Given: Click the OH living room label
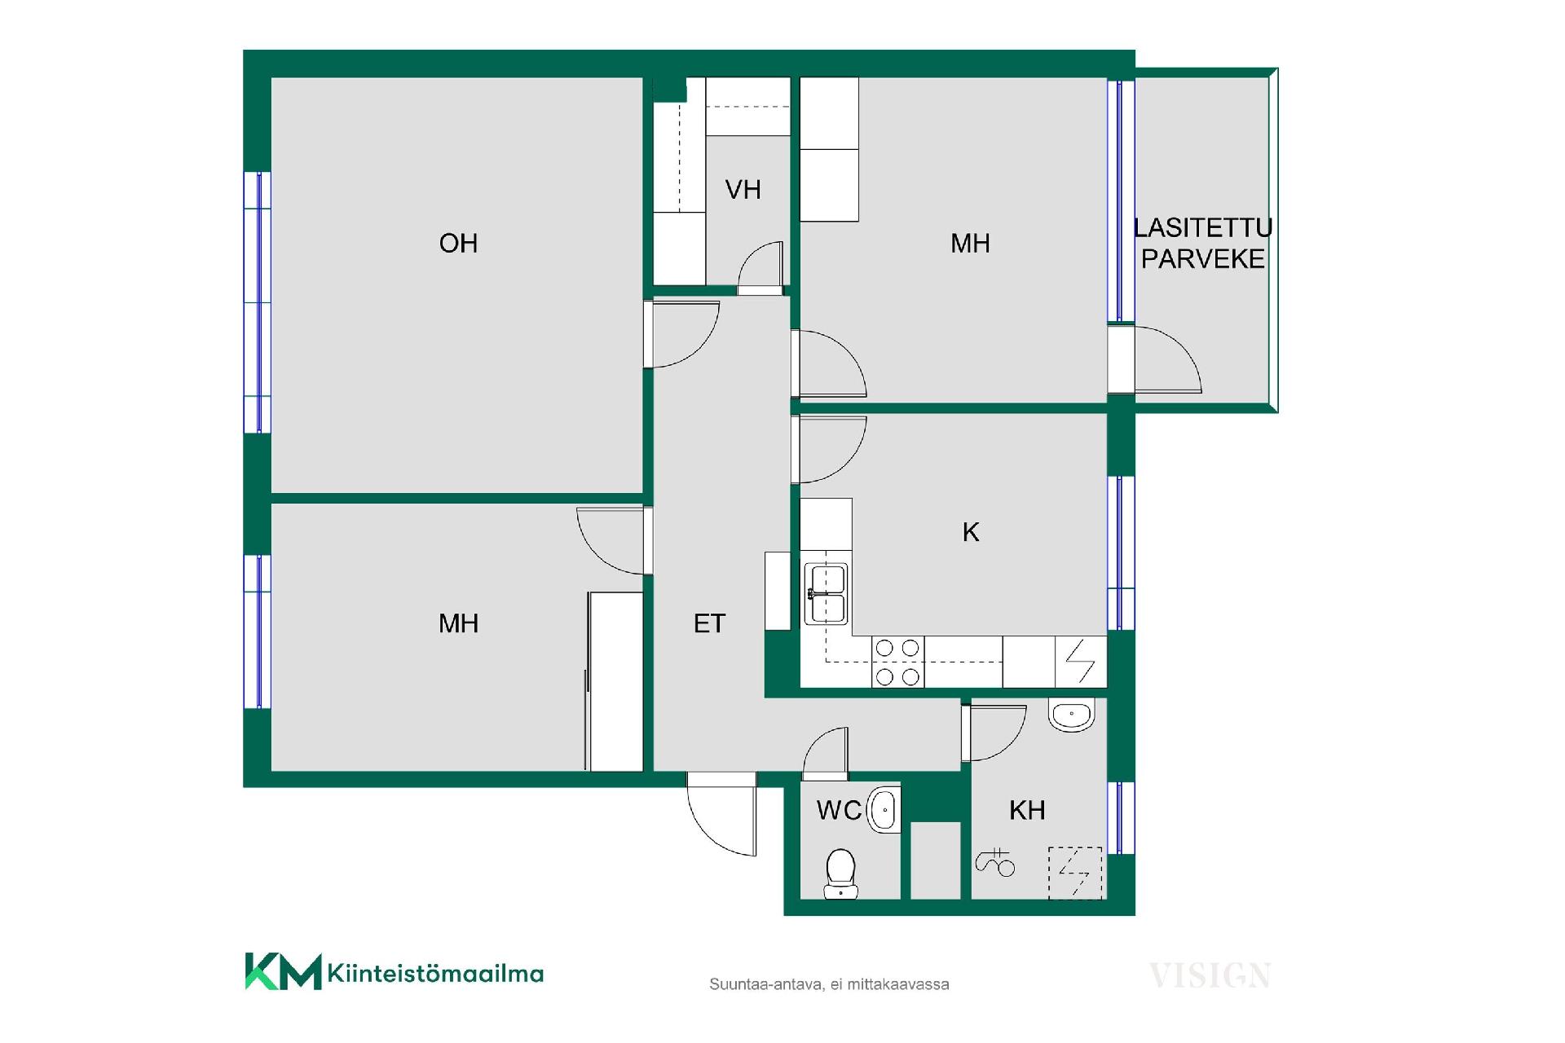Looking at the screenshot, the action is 458,243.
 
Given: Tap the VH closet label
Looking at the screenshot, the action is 743,190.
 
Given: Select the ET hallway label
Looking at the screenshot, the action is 709,623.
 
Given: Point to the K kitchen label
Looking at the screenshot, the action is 970,532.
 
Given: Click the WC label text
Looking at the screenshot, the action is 839,810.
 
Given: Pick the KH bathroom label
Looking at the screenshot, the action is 1027,810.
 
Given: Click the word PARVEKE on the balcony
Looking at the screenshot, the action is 1203,259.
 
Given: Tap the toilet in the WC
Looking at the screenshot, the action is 840,874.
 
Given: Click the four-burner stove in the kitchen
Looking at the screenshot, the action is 897,662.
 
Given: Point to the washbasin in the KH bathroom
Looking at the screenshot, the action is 1071,715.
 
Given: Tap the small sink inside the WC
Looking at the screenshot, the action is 884,810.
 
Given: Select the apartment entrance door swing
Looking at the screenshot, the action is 722,814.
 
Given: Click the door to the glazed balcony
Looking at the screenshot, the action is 1154,359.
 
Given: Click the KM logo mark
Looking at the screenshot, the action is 283,971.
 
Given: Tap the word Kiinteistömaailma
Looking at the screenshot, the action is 435,973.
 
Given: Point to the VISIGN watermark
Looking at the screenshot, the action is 1210,975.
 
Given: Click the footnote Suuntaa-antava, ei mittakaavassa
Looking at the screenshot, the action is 829,984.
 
